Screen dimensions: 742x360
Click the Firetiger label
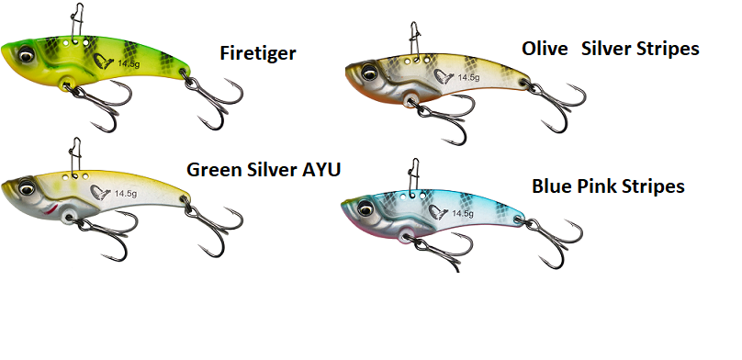pos(258,53)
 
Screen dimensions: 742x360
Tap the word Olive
pos(545,49)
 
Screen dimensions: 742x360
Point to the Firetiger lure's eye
pos(27,55)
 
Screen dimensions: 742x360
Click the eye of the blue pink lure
pos(365,208)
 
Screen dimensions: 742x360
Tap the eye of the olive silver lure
pos(368,73)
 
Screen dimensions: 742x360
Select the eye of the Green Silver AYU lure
pos(27,188)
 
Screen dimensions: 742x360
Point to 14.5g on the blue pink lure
pos(462,214)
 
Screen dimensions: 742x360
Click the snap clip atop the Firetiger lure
pos(77,22)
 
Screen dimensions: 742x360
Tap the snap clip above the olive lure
pos(415,40)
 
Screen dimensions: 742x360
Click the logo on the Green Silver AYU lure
pos(100,193)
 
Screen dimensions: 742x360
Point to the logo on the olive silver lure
pos(444,76)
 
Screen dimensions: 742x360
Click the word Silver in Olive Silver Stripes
pos(605,49)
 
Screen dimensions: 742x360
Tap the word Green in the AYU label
pos(214,169)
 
